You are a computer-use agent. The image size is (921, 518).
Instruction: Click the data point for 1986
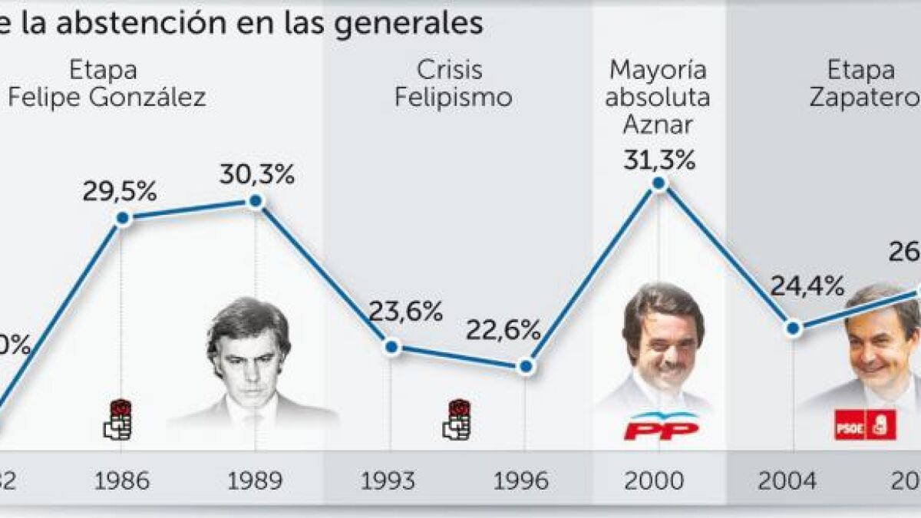(121, 219)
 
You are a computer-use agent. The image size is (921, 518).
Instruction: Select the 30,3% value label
(257, 175)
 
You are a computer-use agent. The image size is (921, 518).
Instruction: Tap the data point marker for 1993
(391, 347)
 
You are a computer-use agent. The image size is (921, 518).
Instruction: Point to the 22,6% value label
(503, 332)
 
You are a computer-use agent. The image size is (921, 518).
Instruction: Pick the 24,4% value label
(807, 288)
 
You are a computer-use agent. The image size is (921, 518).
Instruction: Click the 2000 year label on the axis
(654, 481)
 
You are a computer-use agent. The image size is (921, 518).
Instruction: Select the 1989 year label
(255, 481)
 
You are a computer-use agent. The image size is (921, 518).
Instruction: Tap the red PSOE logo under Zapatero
(865, 424)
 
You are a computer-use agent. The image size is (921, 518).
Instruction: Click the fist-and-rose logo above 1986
(119, 419)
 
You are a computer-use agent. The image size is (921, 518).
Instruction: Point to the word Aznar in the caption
(658, 124)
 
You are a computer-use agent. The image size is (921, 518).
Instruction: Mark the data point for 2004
(794, 328)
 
